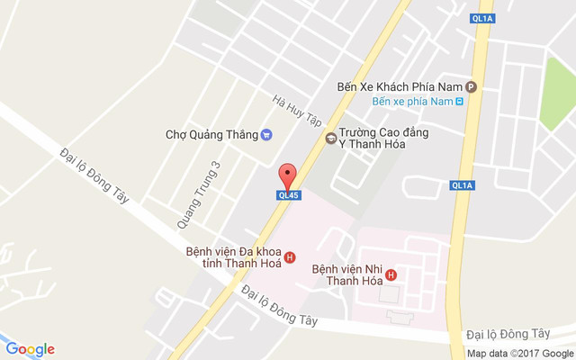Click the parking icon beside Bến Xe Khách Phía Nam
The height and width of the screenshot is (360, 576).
[471, 86]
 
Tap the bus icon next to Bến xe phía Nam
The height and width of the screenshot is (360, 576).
[460, 101]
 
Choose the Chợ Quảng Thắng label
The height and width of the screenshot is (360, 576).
[211, 135]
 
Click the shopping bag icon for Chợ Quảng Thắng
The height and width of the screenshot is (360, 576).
[266, 135]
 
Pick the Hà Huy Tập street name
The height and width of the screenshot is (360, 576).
[298, 107]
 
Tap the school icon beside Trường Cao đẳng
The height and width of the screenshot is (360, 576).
[331, 139]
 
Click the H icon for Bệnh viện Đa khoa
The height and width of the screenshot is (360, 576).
[289, 258]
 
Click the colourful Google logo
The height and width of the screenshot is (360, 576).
[30, 349]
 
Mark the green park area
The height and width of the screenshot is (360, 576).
[560, 94]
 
